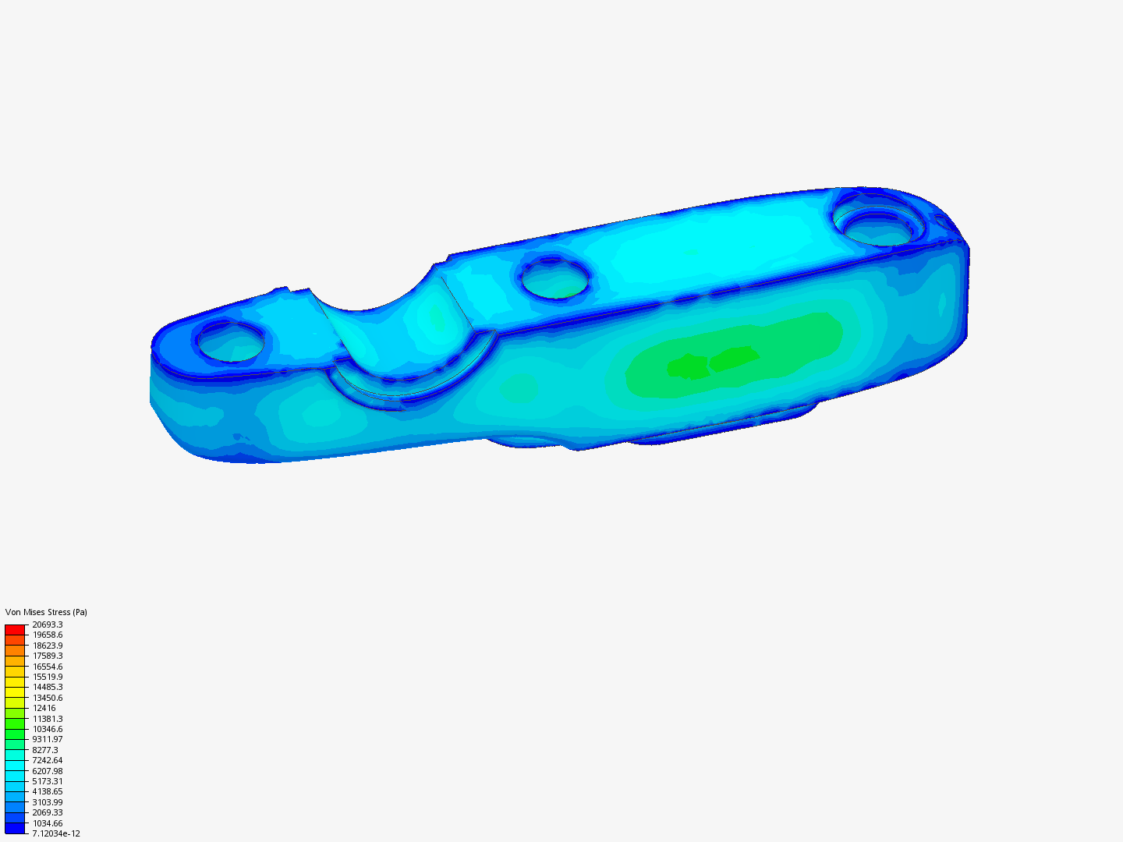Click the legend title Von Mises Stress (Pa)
point(46,612)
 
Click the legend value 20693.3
point(48,624)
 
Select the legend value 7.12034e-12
point(56,833)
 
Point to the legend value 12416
point(44,708)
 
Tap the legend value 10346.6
point(48,729)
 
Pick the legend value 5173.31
point(48,781)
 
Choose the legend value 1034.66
point(48,823)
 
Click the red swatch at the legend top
point(15,629)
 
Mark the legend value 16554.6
point(48,667)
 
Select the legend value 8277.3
point(45,750)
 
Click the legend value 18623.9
point(48,646)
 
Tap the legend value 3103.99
point(48,802)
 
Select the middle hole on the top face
point(555,280)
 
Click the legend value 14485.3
point(48,687)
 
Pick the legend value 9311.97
point(48,739)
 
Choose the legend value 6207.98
point(48,771)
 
